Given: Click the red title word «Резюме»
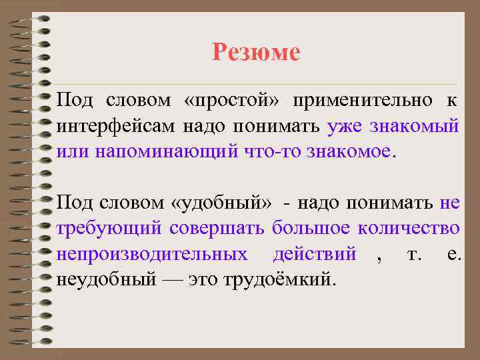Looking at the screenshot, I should [256, 51].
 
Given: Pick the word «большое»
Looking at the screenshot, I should [311, 227].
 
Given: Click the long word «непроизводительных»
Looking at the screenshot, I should [152, 253].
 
